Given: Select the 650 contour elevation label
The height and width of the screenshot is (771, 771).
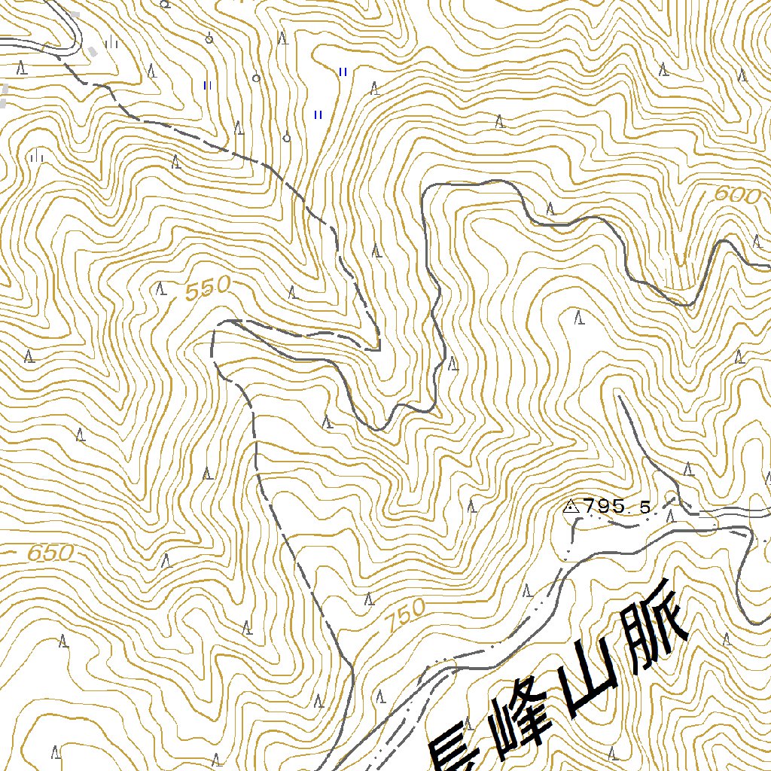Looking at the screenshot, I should click(50, 553).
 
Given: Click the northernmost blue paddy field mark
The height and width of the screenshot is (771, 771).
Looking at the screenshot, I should click(343, 72).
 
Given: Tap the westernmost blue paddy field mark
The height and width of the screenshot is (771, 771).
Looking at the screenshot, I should click(207, 85).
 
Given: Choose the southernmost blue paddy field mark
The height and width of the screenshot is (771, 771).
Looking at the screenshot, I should click(318, 114).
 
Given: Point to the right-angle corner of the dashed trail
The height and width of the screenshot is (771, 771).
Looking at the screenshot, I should click(378, 349).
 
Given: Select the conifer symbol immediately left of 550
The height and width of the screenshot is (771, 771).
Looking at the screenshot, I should click(160, 288).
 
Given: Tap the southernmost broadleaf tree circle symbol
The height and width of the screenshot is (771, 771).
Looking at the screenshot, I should click(286, 138).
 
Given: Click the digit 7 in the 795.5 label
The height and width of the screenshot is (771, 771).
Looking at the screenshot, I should click(587, 507).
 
